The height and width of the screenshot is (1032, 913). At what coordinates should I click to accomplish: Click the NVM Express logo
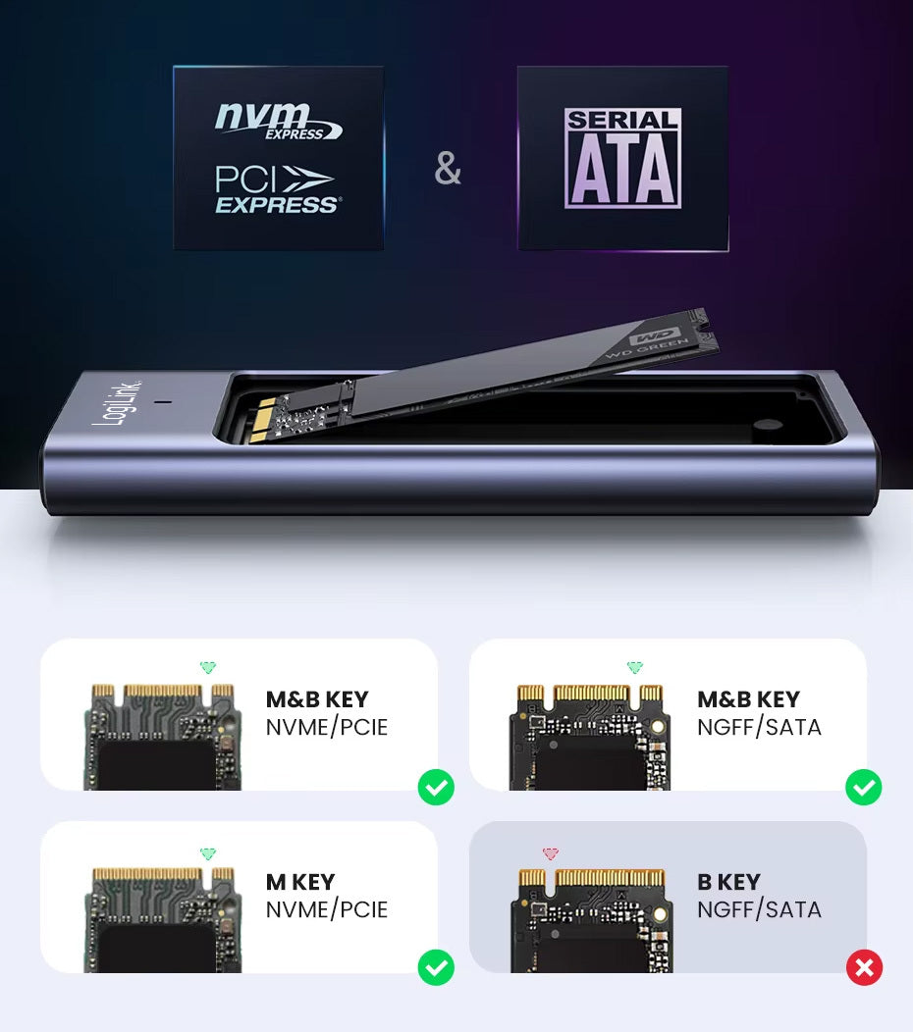click(x=278, y=120)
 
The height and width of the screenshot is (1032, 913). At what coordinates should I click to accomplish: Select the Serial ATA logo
click(x=622, y=158)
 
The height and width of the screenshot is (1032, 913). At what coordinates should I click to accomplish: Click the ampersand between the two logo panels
click(x=448, y=169)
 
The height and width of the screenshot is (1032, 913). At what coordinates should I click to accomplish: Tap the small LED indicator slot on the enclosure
click(x=163, y=402)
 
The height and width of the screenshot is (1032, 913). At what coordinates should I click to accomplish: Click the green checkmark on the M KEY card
click(x=436, y=968)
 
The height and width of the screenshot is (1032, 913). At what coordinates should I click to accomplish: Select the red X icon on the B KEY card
click(x=864, y=968)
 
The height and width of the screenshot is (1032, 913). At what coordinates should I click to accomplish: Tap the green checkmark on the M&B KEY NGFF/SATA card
click(x=864, y=787)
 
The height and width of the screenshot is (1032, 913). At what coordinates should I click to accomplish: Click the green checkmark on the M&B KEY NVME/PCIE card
click(x=436, y=787)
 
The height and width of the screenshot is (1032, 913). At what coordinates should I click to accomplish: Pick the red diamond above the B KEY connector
click(x=550, y=854)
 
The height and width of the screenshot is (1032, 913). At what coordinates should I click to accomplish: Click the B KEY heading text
click(x=728, y=882)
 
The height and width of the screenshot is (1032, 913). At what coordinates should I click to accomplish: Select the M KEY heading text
click(x=300, y=882)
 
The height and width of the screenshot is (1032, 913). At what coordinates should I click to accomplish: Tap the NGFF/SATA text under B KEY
click(x=759, y=909)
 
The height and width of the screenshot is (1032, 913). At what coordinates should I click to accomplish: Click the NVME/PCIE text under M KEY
click(x=327, y=909)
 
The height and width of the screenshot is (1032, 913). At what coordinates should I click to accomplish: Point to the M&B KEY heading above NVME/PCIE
click(x=317, y=699)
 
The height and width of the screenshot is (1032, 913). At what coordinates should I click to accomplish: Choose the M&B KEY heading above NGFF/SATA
click(x=748, y=699)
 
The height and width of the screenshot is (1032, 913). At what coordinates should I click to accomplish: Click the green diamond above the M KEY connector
click(x=207, y=854)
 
